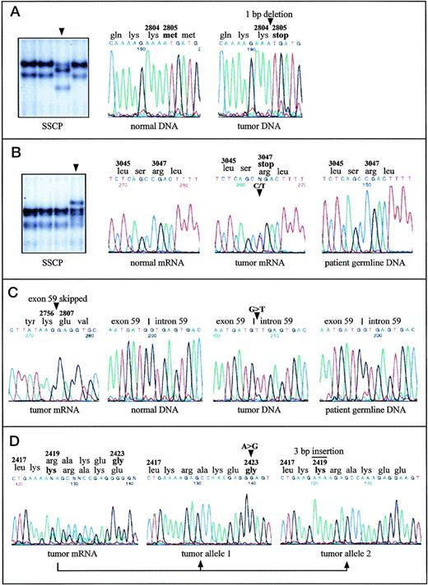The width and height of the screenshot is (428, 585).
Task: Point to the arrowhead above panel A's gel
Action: [61, 30]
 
